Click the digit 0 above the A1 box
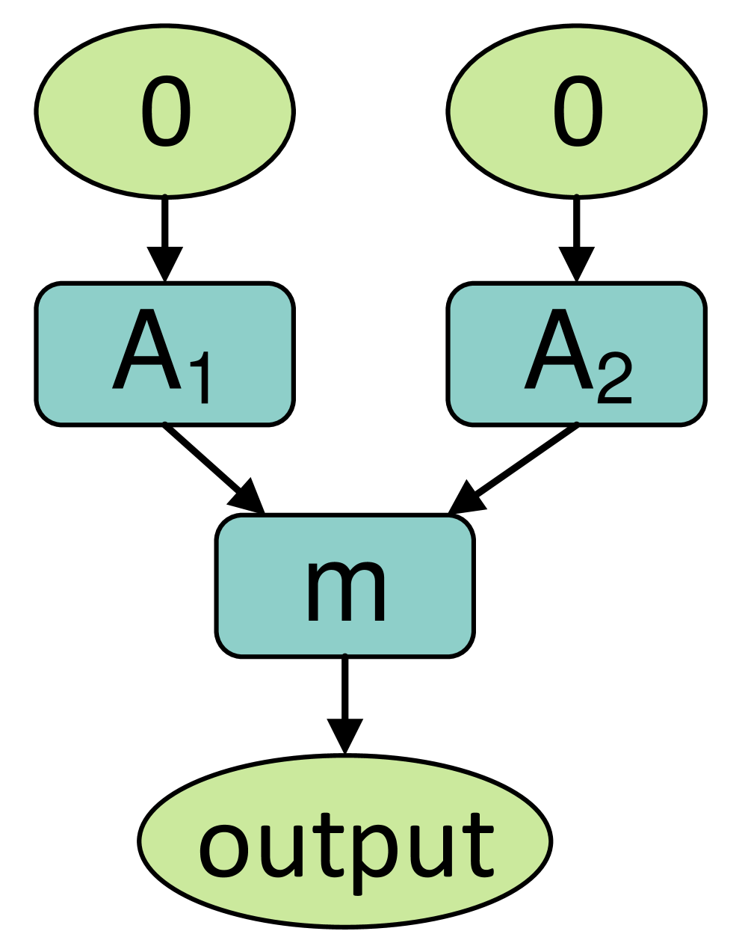point(165,111)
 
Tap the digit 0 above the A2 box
point(578,111)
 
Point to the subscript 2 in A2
point(614,378)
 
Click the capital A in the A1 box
point(147,350)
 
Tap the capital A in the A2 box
point(559,350)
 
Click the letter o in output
point(223,850)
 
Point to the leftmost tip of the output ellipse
point(143,841)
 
